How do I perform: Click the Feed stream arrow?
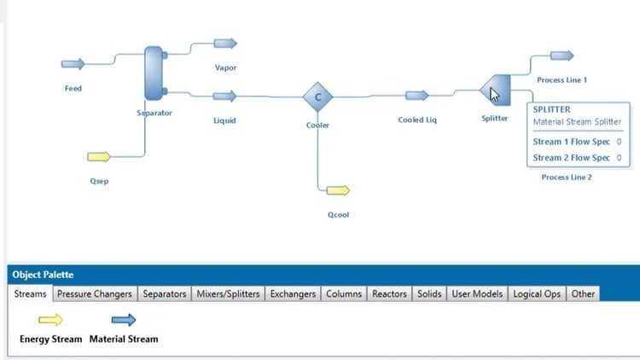coord(73,64)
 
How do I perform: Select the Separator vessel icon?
coord(154,73)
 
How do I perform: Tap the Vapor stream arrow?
coord(225,44)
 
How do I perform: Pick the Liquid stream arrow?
coord(224,96)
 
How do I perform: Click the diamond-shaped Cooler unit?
coord(317,97)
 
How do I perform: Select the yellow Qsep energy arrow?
coord(99,157)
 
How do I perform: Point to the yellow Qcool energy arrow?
coord(338,190)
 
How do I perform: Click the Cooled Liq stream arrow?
coord(416,96)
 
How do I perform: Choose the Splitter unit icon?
coord(495,90)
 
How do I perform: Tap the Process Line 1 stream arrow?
coord(561,55)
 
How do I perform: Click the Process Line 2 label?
coord(567,177)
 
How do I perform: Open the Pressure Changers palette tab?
coord(94,293)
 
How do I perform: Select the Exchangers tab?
coord(293,293)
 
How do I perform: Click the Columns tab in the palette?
coord(344,293)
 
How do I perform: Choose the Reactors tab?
coord(389,293)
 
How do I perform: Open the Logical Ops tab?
coord(537,293)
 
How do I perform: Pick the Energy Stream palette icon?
coord(50,320)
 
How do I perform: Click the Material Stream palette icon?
coord(124,320)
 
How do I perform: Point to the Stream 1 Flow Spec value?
coord(619,142)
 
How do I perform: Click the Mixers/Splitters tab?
coord(228,293)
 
